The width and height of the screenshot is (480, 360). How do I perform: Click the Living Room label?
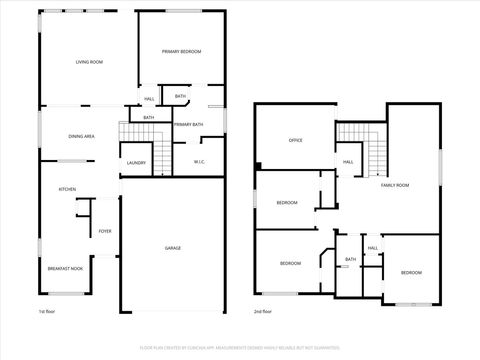[89, 62]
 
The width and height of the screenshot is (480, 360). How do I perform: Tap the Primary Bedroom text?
[182, 51]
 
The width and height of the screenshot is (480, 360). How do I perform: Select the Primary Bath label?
[187, 124]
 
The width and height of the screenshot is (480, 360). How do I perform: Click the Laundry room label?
[136, 162]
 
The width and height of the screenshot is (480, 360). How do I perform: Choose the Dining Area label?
[81, 135]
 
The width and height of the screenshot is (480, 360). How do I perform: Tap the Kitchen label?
[67, 189]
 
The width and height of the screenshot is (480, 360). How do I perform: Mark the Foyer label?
[105, 231]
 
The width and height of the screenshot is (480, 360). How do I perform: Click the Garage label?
[173, 247]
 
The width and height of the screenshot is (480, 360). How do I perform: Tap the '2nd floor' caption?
[263, 311]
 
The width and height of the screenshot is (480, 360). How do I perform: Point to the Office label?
[295, 140]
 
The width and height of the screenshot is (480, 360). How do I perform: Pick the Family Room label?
[395, 185]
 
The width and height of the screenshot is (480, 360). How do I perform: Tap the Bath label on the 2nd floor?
[350, 259]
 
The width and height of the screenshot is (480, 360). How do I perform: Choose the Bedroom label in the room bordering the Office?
[287, 203]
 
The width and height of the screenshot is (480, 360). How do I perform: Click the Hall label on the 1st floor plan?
[148, 99]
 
